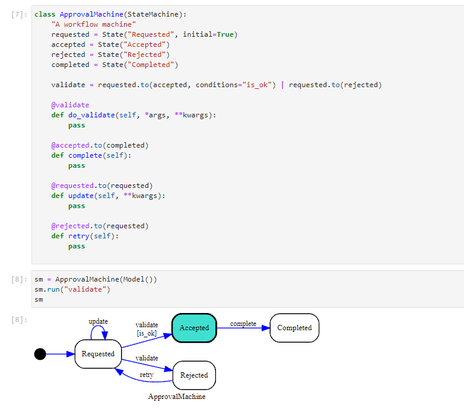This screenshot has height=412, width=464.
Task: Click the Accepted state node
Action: [x=194, y=328]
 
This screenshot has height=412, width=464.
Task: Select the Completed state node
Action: [x=294, y=328]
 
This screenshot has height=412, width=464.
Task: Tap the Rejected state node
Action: [x=194, y=375]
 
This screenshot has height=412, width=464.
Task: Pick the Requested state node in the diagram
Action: [x=98, y=354]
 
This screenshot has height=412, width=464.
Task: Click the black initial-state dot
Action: [x=40, y=354]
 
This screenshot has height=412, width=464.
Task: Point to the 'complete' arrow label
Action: [x=243, y=324]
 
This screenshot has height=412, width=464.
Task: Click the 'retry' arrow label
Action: [x=147, y=375]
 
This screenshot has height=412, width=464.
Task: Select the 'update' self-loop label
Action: [x=98, y=321]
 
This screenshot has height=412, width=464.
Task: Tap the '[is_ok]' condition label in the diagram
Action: [x=147, y=333]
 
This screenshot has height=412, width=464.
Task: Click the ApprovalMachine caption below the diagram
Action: [x=177, y=397]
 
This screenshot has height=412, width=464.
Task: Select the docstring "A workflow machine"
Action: [x=94, y=24]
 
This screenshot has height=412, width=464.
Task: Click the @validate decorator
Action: [x=70, y=105]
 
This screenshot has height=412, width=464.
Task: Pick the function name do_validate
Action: [x=91, y=115]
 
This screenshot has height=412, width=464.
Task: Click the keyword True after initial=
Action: [x=225, y=34]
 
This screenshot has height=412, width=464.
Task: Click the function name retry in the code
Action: [x=79, y=236]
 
